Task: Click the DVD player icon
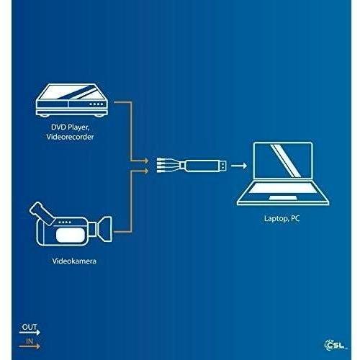(72, 100)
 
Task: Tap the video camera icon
(71, 224)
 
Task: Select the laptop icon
(283, 174)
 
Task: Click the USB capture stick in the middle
(192, 166)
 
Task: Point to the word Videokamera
(74, 261)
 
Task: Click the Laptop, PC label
(282, 218)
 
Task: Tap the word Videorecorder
(70, 137)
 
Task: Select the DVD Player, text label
(70, 127)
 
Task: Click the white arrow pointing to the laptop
(239, 166)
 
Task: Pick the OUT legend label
(30, 327)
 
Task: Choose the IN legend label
(30, 341)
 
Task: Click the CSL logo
(336, 345)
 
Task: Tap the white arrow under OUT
(30, 333)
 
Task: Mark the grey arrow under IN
(30, 346)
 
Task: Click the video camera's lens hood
(105, 229)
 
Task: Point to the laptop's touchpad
(283, 198)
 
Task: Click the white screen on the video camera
(71, 235)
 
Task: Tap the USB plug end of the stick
(222, 166)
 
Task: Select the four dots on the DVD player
(96, 104)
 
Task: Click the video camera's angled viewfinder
(42, 213)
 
